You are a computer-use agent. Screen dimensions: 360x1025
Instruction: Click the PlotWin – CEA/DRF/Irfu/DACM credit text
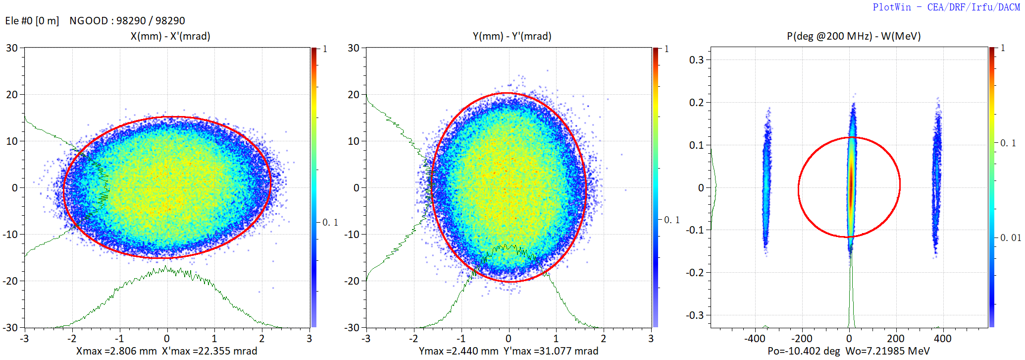point(946,7)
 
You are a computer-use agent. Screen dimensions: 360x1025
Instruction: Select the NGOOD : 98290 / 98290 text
point(127,21)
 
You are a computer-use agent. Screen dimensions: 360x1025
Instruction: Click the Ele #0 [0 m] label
point(32,21)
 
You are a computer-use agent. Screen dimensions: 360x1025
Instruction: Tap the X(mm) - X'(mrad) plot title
point(170,36)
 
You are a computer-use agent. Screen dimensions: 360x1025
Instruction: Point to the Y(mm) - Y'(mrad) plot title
point(512,36)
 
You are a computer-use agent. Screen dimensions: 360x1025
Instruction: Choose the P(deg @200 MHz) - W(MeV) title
point(854,36)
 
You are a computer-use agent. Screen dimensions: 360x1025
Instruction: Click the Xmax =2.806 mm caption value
point(116,351)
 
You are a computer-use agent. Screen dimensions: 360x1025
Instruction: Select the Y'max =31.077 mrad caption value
point(551,351)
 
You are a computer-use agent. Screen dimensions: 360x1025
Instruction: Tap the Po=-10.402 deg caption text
point(804,351)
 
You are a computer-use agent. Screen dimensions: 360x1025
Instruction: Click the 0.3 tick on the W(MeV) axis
point(696,60)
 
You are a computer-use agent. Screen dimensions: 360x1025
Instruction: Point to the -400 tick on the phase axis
point(755,339)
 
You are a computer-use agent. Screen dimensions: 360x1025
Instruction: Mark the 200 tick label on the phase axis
point(895,339)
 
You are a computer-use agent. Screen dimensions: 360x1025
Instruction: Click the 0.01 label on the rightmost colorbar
point(1010,238)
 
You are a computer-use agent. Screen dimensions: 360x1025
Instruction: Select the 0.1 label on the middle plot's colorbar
point(671,220)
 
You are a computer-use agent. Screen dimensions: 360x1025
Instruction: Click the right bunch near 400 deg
point(936,179)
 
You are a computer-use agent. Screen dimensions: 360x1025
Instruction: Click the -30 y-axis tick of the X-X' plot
point(11,328)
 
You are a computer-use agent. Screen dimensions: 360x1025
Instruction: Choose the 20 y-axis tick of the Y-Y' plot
point(353,95)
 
